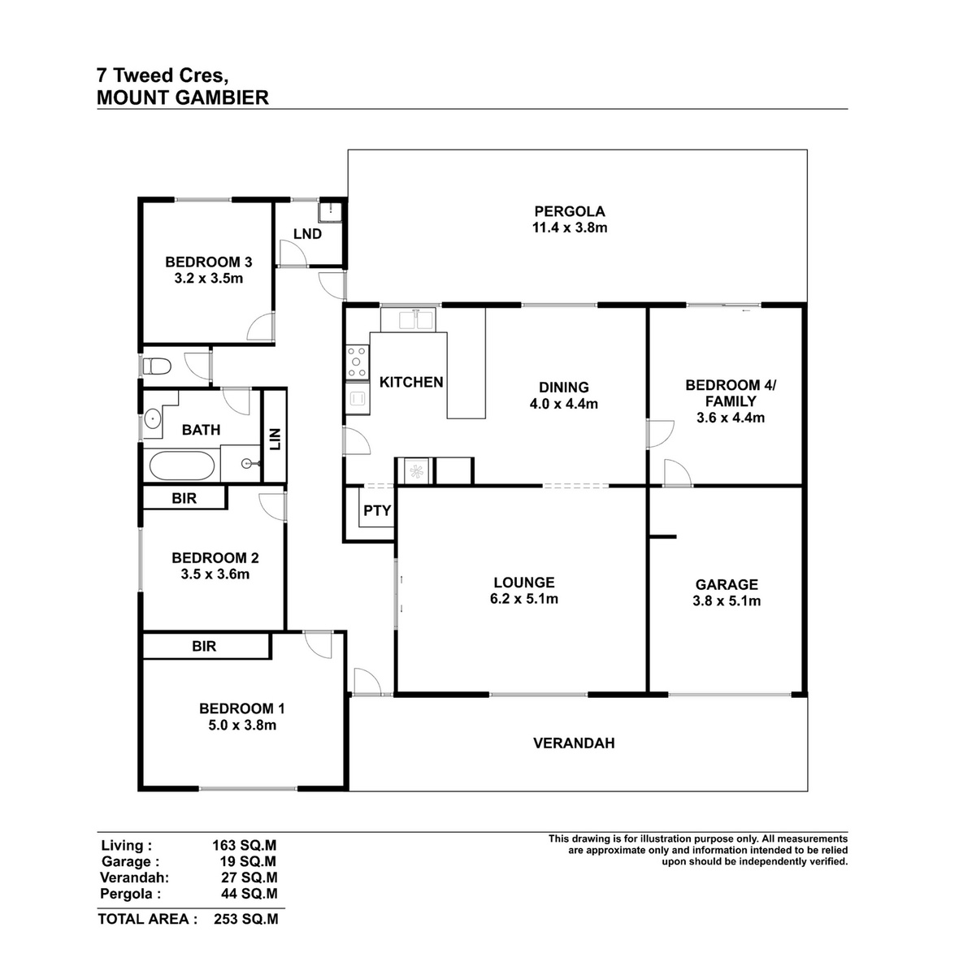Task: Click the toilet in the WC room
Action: tap(157, 366)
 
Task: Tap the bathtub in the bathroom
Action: tap(182, 466)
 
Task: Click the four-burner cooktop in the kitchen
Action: tap(357, 362)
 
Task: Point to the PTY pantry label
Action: tap(377, 510)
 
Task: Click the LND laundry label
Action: tap(307, 234)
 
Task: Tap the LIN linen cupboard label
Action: tap(275, 440)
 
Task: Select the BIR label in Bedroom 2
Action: tap(184, 498)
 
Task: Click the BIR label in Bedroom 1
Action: tap(204, 646)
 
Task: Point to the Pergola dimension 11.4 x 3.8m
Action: tap(570, 227)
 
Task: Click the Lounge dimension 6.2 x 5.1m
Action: tap(524, 599)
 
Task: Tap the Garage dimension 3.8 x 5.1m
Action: tap(727, 601)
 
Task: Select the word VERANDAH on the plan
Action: tap(574, 743)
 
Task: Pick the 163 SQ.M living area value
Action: tap(244, 846)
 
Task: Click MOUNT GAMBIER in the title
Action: tap(182, 97)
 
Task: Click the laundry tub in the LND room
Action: tap(330, 211)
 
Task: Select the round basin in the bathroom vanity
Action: tap(153, 419)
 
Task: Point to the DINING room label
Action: tap(563, 388)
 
